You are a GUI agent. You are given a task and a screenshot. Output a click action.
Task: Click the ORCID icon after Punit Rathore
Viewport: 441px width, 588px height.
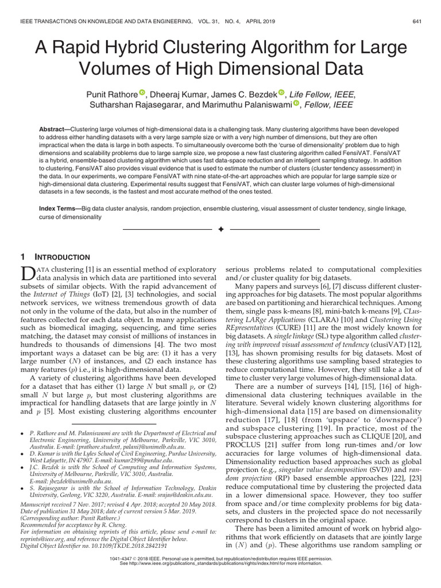pos(142,94)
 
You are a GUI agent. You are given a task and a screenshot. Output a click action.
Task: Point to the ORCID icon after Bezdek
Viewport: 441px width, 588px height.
pos(281,94)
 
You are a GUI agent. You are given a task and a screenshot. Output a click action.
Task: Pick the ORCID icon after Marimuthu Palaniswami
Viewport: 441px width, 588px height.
pos(296,104)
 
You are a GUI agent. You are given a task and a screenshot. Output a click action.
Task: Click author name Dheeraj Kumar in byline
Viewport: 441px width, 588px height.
pos(178,94)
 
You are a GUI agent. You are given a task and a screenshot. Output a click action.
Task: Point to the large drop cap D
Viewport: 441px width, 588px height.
pos(28,274)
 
